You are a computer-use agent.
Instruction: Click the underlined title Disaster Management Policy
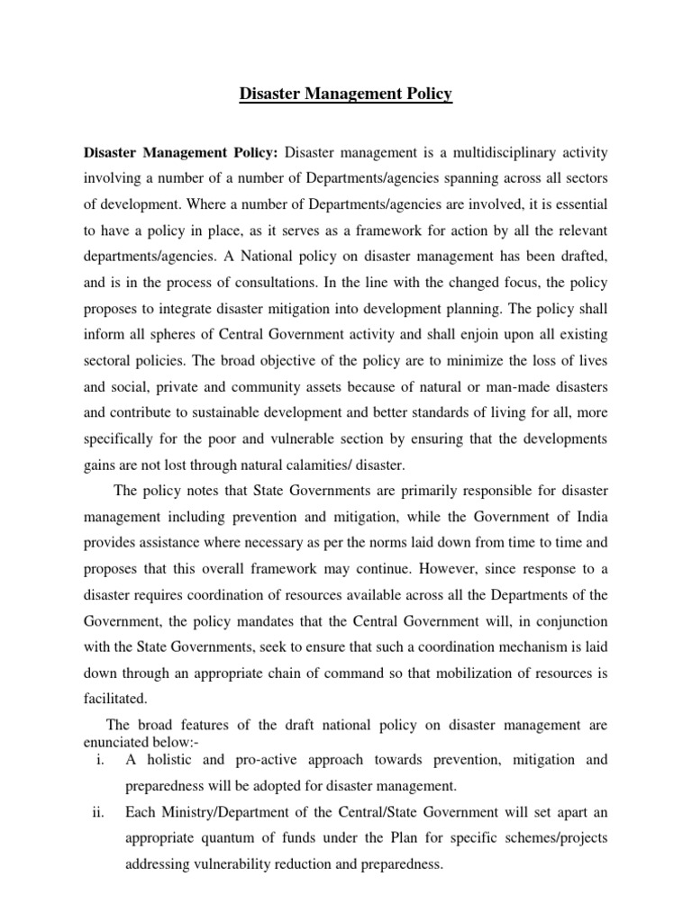[x=346, y=94]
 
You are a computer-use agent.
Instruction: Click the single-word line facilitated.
[x=117, y=700]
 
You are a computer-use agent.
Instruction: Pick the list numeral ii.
[x=99, y=813]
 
